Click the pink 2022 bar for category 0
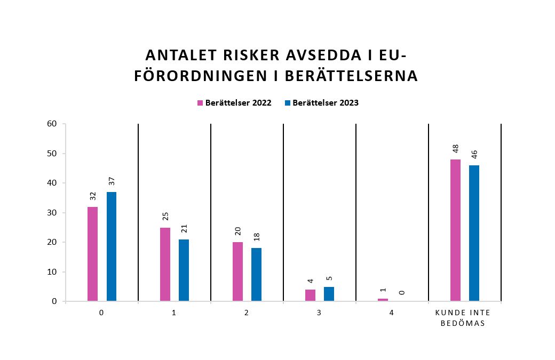tap(92, 254)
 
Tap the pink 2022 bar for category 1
tap(165, 264)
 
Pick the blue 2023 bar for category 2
tap(257, 275)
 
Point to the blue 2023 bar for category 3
tap(329, 294)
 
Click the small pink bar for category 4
tap(383, 300)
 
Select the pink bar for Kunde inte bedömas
tap(455, 230)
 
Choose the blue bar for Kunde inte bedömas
tap(474, 233)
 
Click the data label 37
tap(112, 181)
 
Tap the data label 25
tap(165, 217)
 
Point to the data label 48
tap(455, 148)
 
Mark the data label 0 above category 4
tap(401, 292)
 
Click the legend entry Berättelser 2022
tap(234, 103)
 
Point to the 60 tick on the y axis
tap(52, 124)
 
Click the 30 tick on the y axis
tap(52, 213)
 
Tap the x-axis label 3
tap(319, 313)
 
